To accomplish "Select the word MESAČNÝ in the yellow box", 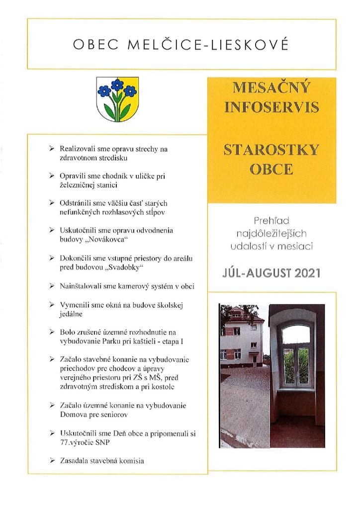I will click(271, 89).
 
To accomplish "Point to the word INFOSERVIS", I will click(271, 108).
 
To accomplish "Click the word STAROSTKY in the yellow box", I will click(271, 150).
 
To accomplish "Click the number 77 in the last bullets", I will click(64, 442).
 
